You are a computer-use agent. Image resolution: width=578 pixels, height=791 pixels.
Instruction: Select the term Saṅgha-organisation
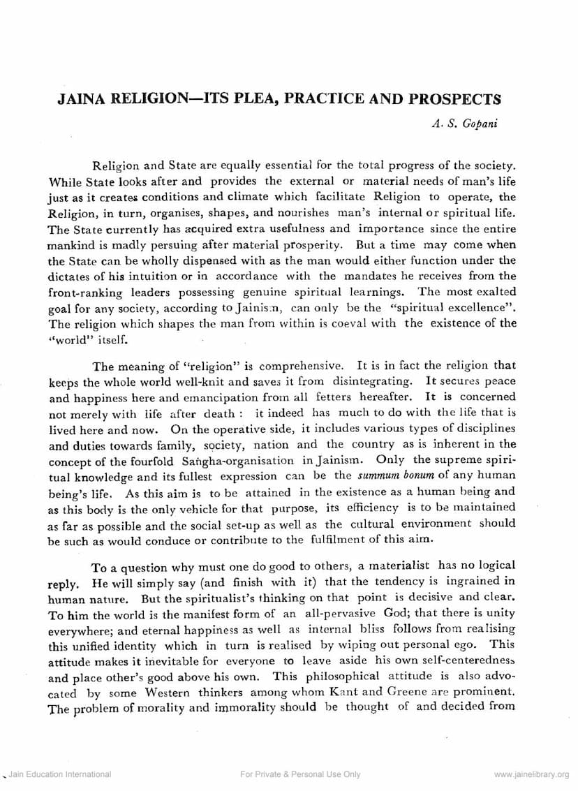[251, 461]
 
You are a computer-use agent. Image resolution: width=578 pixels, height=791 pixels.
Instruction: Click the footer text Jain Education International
[59, 774]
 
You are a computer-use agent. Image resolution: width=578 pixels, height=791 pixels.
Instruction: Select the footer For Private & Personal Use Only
[300, 774]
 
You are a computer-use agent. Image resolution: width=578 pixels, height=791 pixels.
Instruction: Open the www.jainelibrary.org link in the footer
[531, 774]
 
